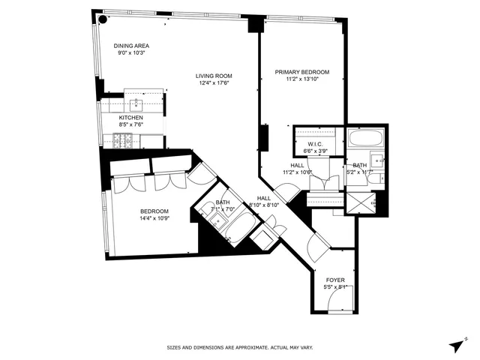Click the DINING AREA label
[x=130, y=45]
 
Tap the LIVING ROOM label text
[x=213, y=75]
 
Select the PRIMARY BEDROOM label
[x=302, y=72]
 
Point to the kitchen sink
[x=135, y=103]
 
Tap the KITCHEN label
[x=130, y=118]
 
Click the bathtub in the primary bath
[x=364, y=140]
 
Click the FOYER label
[x=335, y=280]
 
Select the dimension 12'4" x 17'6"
[x=213, y=83]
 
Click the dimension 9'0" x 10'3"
[x=130, y=53]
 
